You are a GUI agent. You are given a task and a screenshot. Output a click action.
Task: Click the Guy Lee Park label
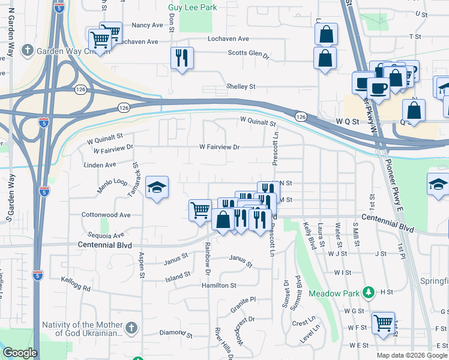pos(192,8)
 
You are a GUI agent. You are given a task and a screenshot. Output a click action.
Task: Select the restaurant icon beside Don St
pos(182,58)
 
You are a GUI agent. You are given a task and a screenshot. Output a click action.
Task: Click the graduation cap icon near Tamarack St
pos(157,187)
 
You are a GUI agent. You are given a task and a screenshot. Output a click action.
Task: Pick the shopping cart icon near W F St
pos(383,323)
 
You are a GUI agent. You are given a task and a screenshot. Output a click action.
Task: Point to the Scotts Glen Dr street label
pos(248,53)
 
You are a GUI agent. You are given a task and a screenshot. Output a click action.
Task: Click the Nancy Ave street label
pos(147,25)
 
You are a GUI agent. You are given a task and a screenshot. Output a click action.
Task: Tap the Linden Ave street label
pos(100,164)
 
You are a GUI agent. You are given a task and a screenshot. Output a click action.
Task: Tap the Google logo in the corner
pos(20,353)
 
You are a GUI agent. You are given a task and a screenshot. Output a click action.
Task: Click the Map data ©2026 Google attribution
pos(411,355)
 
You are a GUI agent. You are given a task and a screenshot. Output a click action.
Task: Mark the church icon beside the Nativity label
pos(132,328)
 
